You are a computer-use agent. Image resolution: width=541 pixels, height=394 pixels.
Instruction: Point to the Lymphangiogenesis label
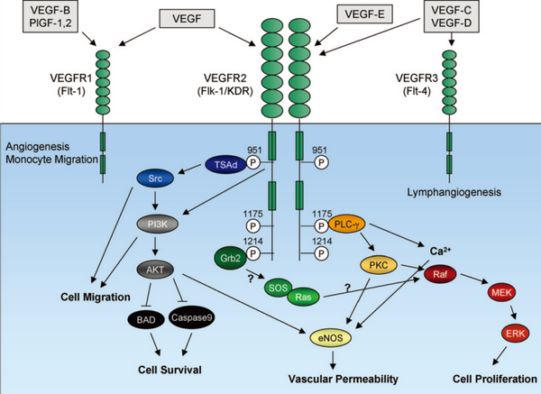[x=449, y=191]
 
